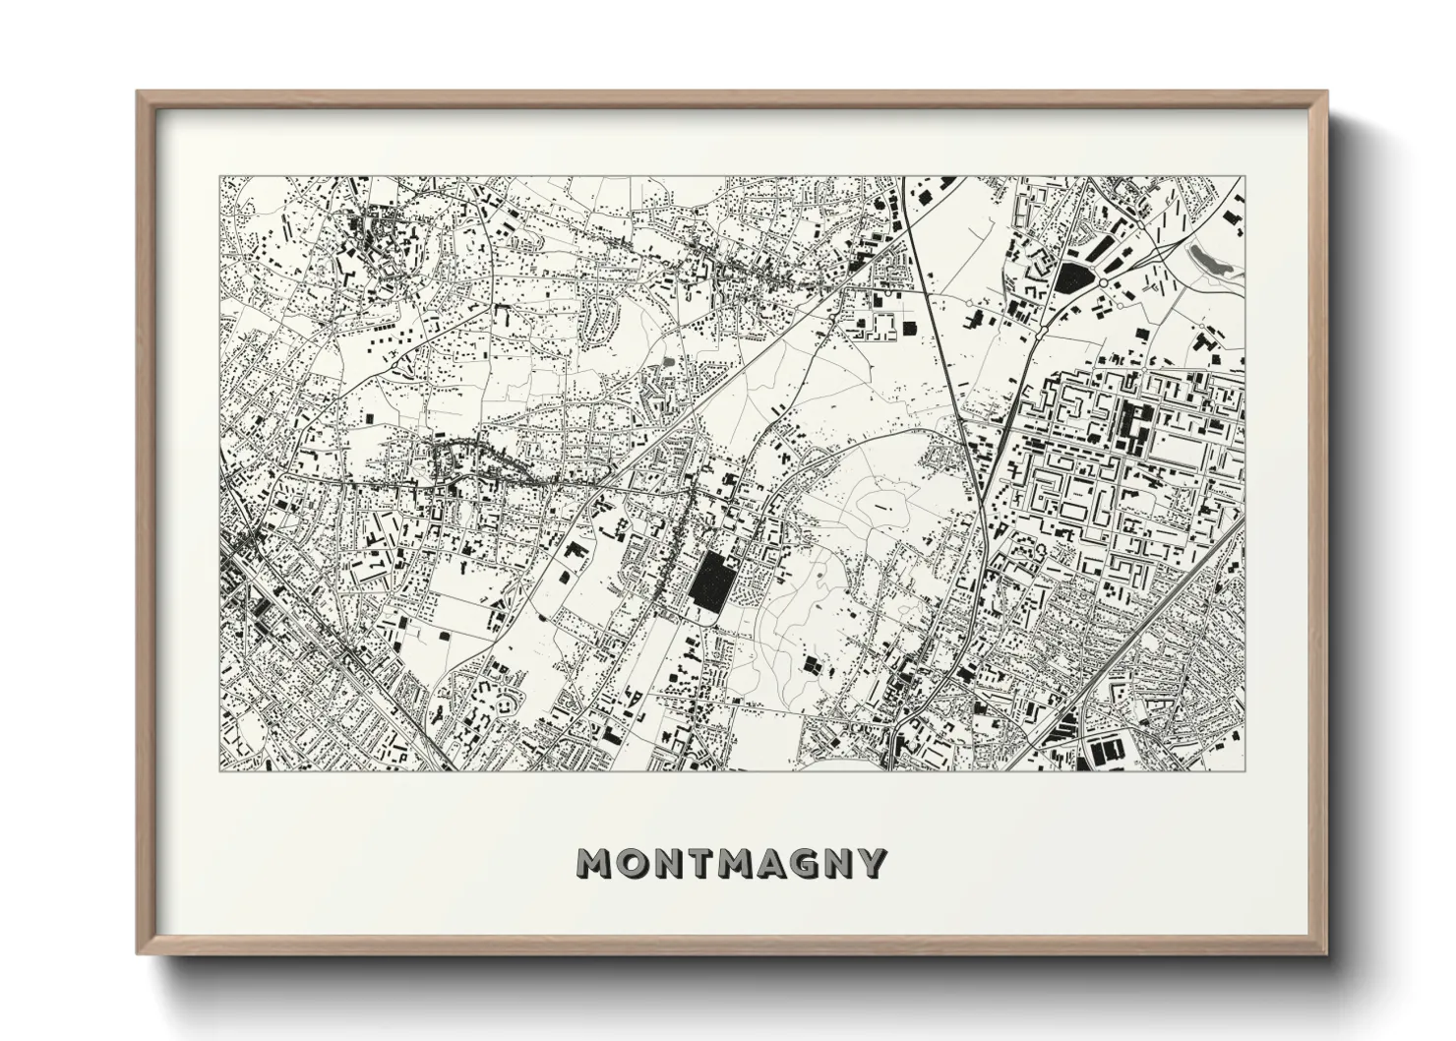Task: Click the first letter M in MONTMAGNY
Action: pos(594,863)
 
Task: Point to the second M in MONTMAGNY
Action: pos(734,863)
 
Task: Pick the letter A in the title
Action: pos(771,863)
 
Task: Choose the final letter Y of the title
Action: pos(873,863)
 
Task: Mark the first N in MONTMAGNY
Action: pos(665,863)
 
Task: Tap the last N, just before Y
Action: pos(840,863)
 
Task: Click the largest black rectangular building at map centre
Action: pos(709,581)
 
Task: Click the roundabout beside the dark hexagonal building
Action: pos(1104,282)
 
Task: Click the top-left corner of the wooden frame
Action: pos(138,92)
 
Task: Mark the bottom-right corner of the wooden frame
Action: pos(1327,954)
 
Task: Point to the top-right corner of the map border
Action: pos(1244,177)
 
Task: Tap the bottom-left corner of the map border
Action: pos(219,770)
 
